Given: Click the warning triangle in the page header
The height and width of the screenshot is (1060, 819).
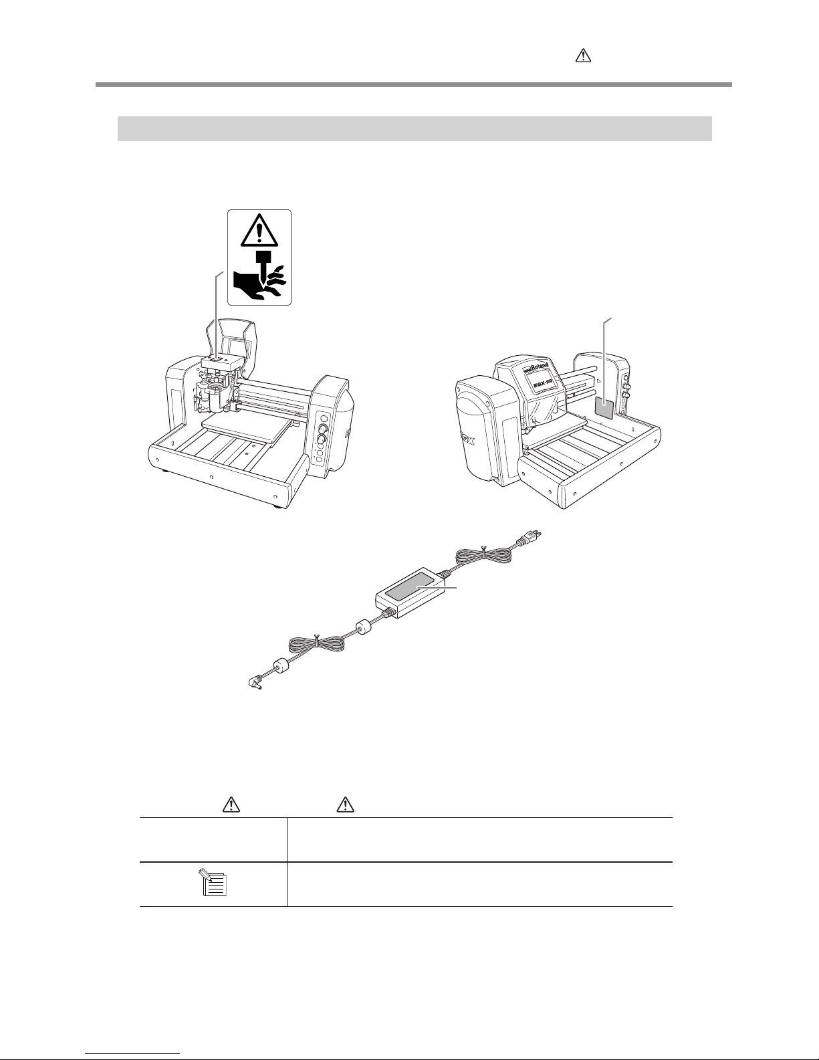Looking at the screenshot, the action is (583, 56).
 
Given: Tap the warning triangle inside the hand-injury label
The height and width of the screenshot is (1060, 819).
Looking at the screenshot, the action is (259, 230).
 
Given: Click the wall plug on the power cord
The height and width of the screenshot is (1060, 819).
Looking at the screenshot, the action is (529, 538).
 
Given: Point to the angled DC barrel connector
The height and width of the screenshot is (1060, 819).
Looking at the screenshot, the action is (256, 683).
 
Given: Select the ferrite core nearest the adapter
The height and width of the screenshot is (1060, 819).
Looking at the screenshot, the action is (364, 627).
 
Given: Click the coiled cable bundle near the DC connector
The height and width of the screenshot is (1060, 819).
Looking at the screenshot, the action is (318, 645).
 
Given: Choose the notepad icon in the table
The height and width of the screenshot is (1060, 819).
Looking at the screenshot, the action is (214, 882).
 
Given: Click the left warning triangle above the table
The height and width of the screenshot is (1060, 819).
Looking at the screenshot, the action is (231, 805).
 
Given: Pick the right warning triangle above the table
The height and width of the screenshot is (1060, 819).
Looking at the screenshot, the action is (345, 805).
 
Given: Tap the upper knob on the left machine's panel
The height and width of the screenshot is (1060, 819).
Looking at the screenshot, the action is (322, 429).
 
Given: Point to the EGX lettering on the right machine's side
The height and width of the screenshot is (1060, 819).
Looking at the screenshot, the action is (468, 441).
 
